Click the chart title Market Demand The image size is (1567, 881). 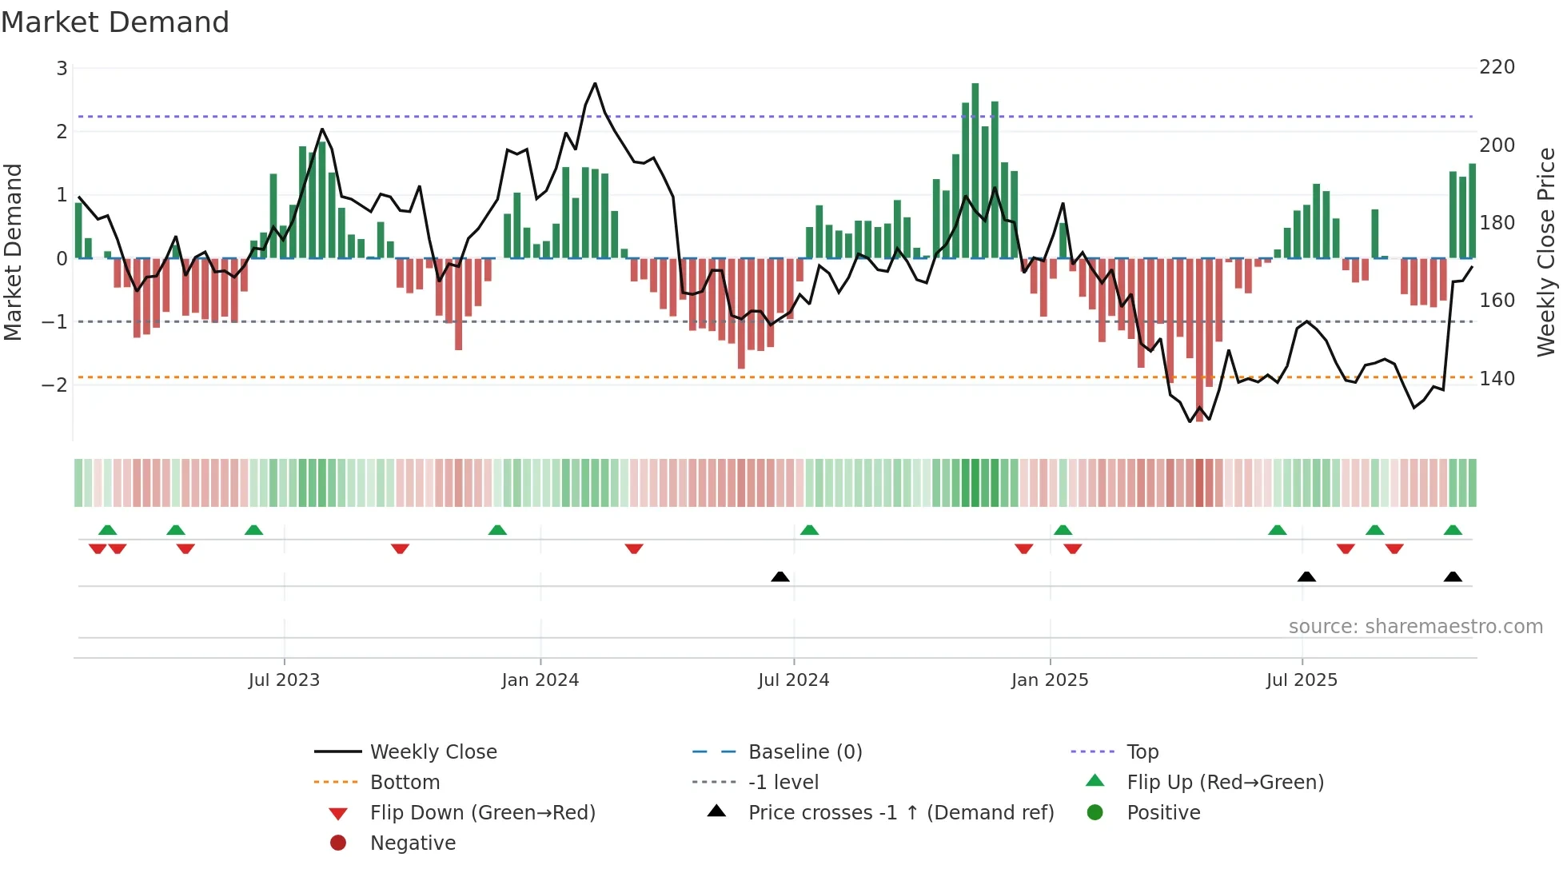click(x=115, y=22)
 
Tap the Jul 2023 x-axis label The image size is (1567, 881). click(x=284, y=680)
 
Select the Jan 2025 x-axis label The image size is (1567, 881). click(x=1049, y=680)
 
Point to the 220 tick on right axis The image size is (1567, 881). click(x=1497, y=67)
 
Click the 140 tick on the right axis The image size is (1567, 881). click(x=1497, y=378)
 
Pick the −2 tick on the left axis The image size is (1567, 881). click(x=54, y=385)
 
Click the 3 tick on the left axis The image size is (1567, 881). click(x=62, y=69)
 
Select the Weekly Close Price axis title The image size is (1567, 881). click(x=1546, y=252)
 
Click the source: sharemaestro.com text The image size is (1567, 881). click(x=1415, y=627)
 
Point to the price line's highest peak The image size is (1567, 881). click(x=595, y=83)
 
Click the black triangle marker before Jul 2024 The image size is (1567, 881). click(x=780, y=576)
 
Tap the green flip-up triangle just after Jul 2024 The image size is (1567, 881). click(x=809, y=530)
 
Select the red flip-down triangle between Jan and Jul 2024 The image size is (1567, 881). click(x=634, y=548)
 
